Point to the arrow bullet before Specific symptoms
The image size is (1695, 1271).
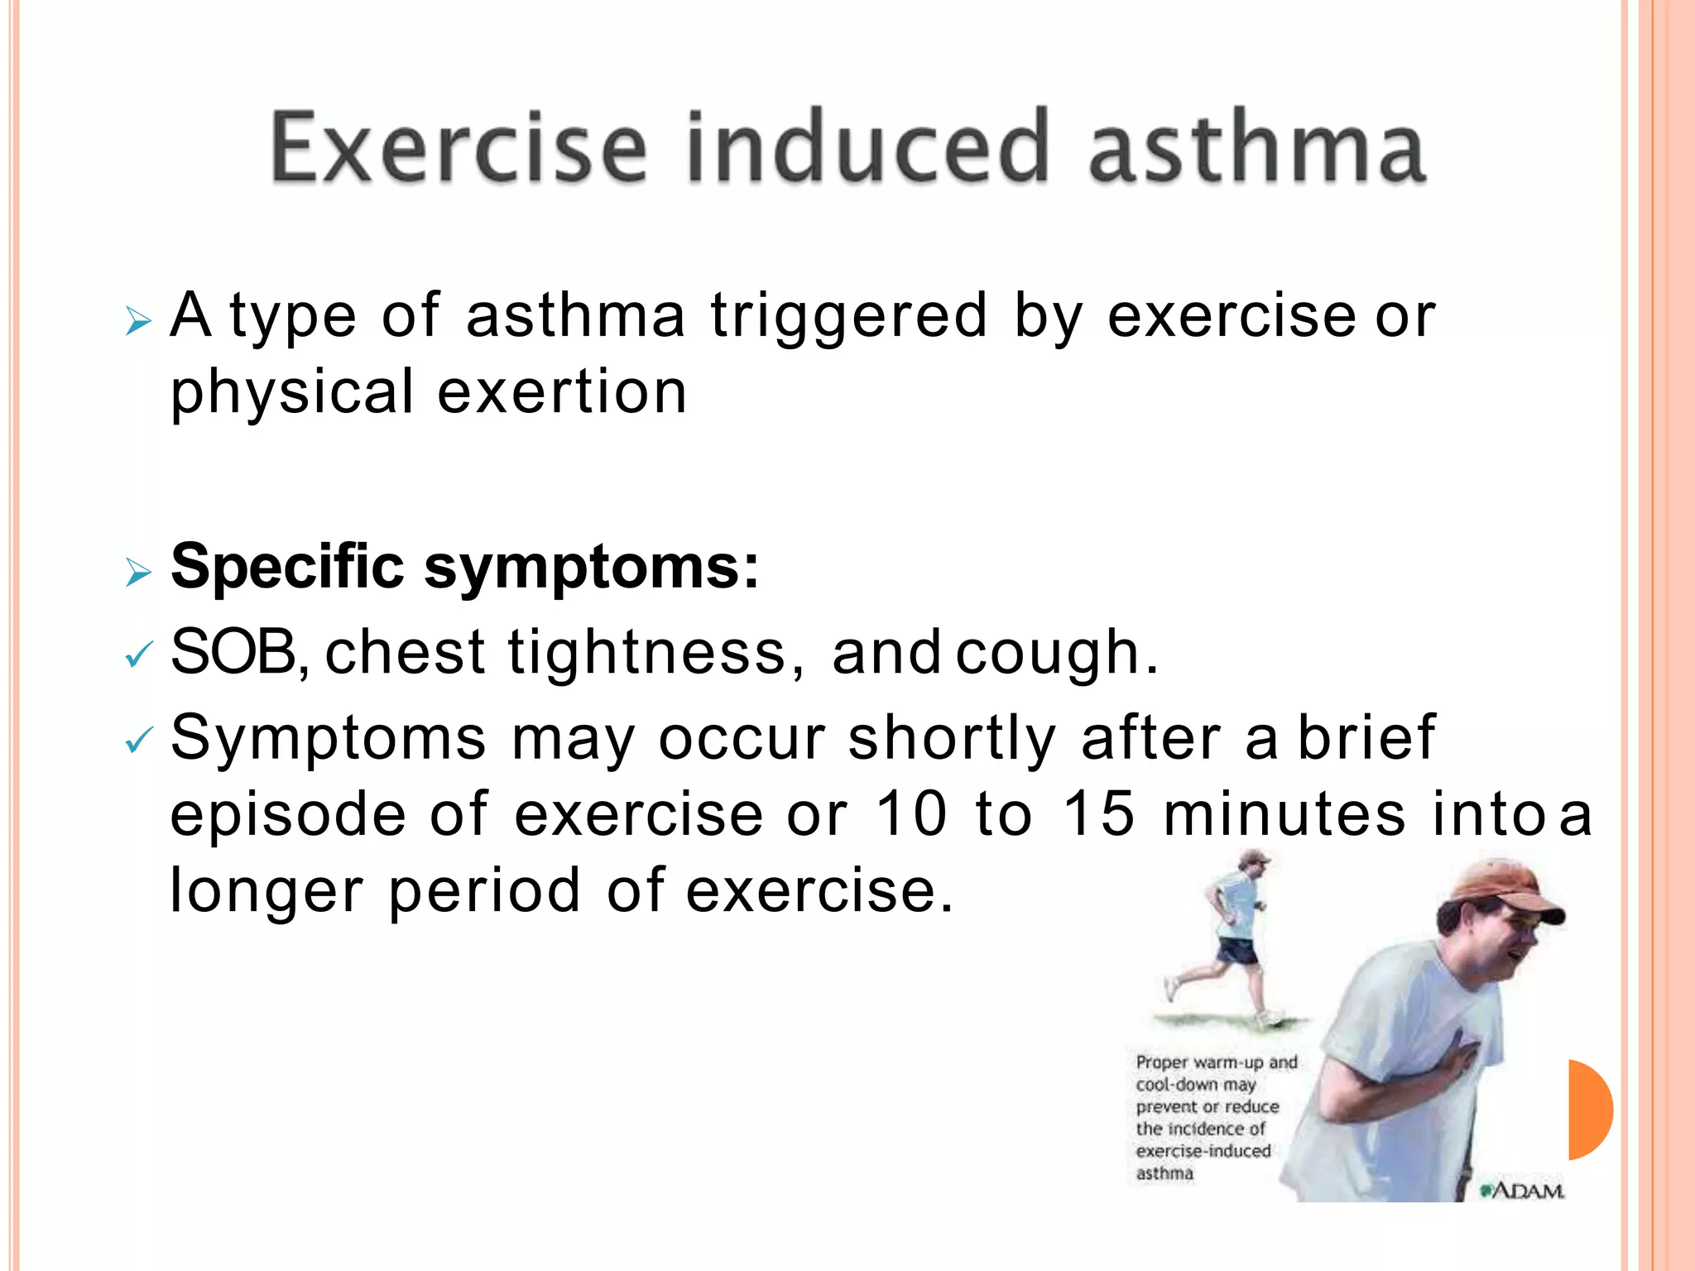[x=138, y=572]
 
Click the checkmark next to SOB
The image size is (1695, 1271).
[x=138, y=656]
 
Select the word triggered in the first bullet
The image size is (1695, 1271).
[x=848, y=317]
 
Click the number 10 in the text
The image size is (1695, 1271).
[x=910, y=814]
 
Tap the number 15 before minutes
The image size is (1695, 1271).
[x=1098, y=814]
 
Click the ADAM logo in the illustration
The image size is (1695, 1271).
[x=1523, y=1191]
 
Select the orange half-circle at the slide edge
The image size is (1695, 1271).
[x=1590, y=1110]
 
